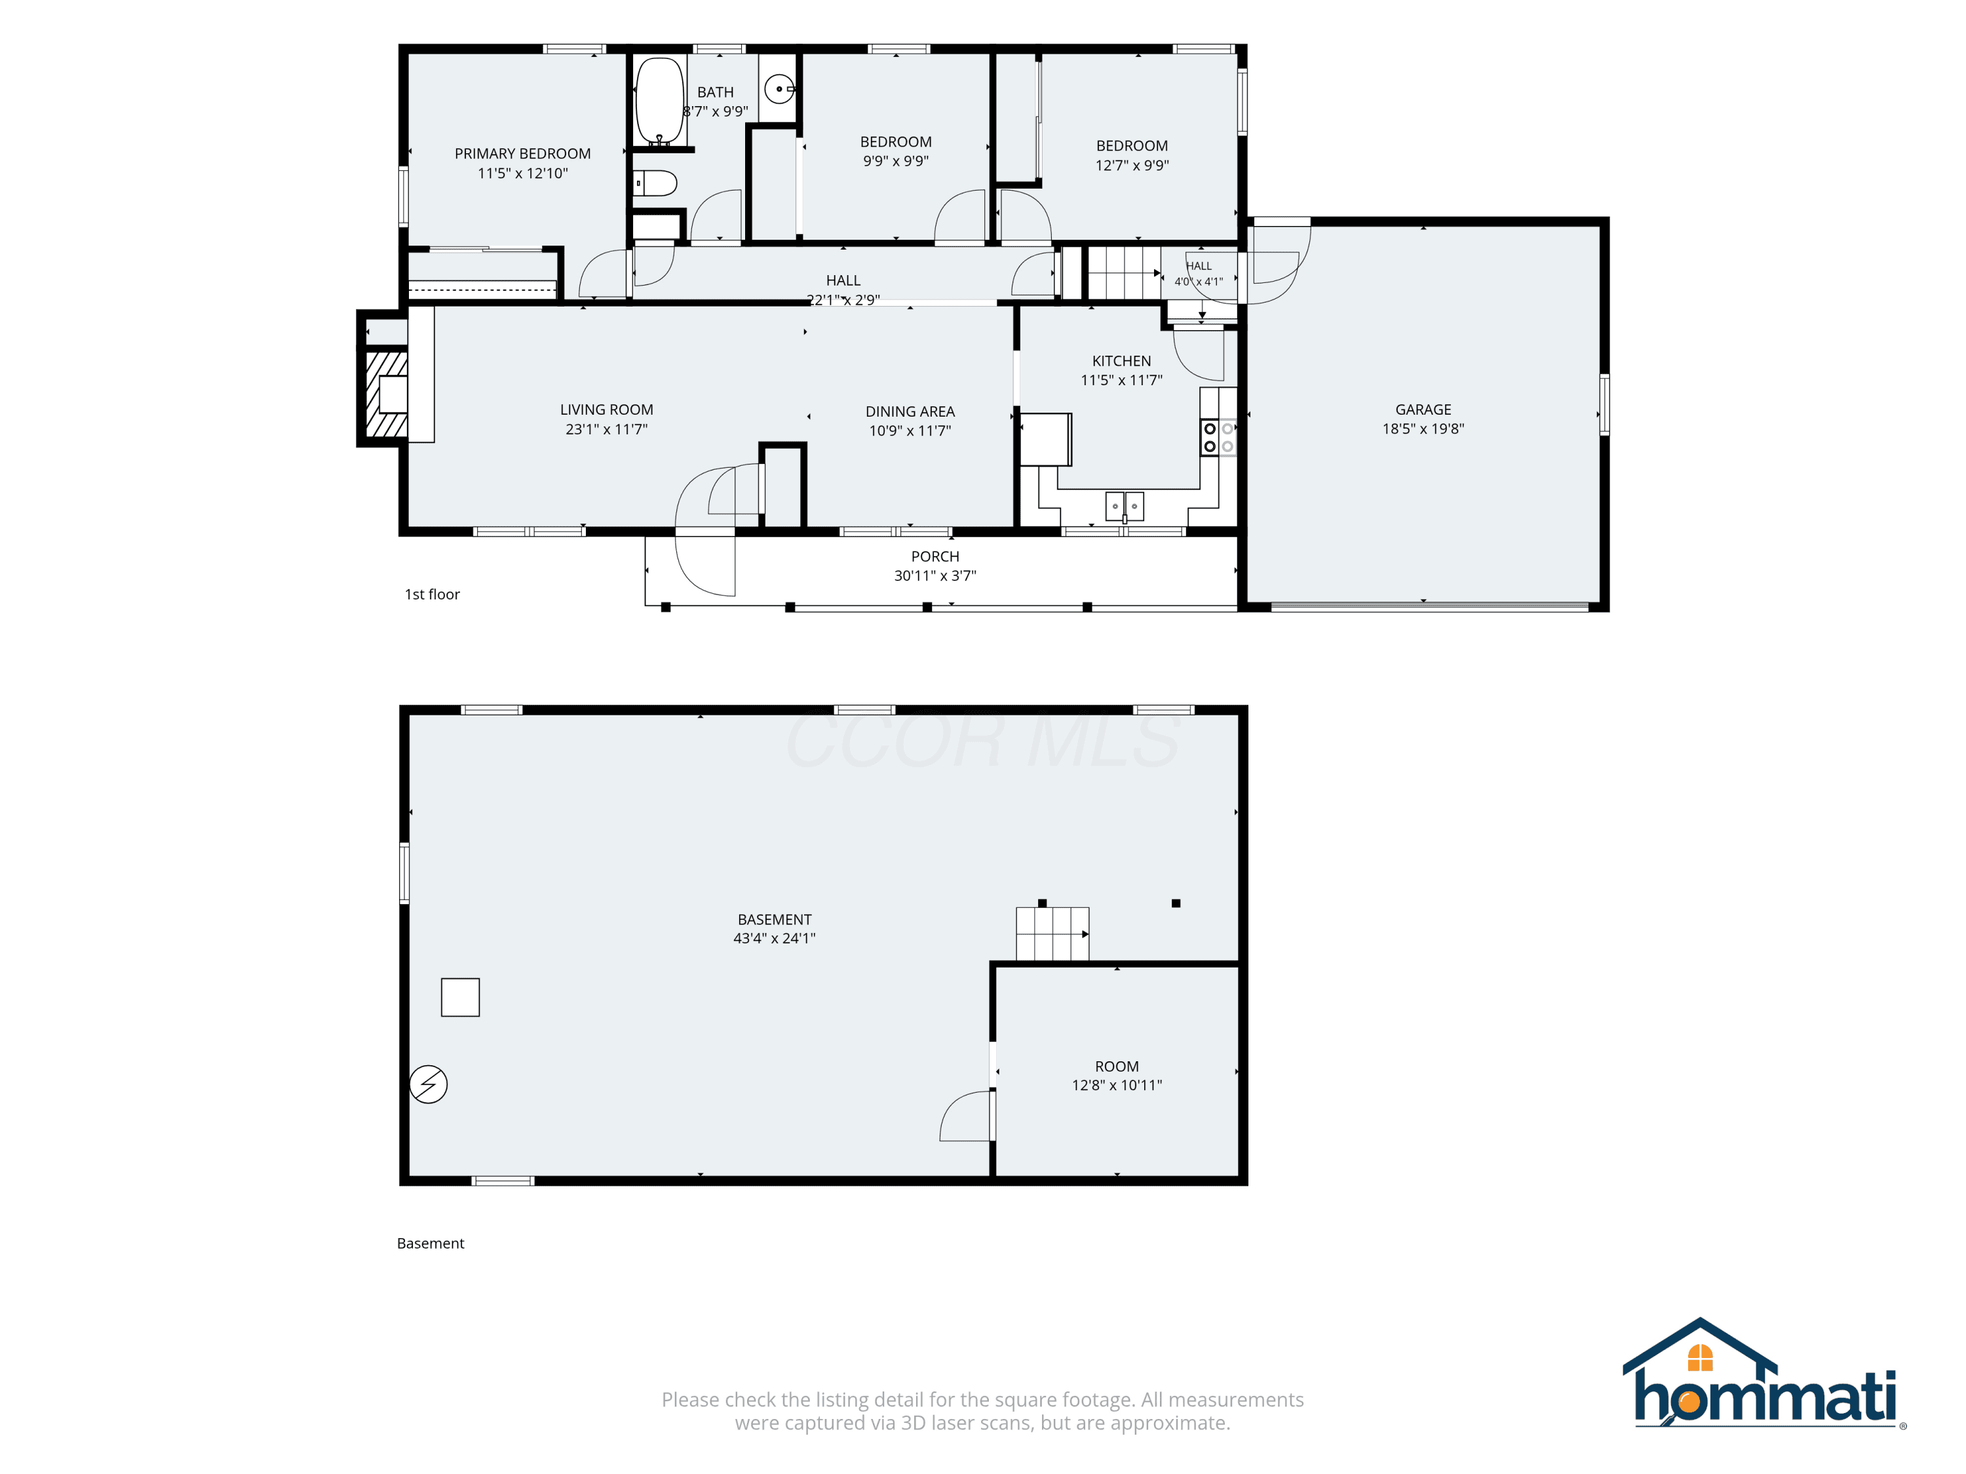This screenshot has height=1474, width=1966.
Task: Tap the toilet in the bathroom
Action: coord(655,183)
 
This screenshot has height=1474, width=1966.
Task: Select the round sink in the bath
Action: coord(779,89)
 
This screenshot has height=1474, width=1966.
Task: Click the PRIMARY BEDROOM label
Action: coord(522,154)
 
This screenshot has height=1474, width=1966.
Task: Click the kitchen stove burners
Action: coord(1218,437)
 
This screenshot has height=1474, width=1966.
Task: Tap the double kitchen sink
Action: coord(1125,506)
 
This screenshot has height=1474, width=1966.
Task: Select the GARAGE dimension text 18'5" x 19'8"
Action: coord(1423,428)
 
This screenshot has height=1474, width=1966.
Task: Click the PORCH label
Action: coord(935,556)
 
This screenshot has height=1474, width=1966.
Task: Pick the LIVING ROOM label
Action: coord(606,409)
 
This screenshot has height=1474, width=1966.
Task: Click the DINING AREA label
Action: coord(910,411)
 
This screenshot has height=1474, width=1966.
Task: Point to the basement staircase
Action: coord(1052,934)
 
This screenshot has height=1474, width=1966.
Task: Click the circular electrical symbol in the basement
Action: coord(429,1084)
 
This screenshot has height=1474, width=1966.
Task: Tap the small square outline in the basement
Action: coord(461,997)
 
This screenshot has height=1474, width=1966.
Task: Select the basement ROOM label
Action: coord(1116,1066)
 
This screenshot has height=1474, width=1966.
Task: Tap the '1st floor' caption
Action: coord(432,594)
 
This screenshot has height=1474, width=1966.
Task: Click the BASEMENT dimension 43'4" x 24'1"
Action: coord(774,938)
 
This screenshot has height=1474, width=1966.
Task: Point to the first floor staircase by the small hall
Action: coord(1125,273)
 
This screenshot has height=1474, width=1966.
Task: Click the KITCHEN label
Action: coord(1122,361)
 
